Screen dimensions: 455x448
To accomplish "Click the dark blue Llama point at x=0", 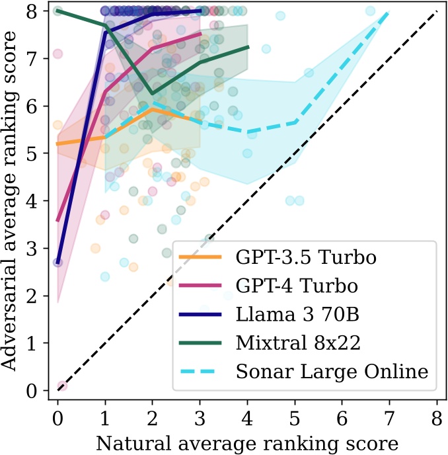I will [57, 262].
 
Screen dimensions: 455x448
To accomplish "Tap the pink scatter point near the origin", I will [61, 386].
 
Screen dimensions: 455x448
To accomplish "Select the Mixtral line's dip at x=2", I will [153, 94].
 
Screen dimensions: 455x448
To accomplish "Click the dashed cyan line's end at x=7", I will [389, 11].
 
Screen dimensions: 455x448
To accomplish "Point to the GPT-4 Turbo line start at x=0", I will [57, 220].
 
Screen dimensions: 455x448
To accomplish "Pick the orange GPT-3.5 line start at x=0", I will [57, 144].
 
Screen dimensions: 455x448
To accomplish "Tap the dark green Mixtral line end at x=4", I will [248, 47].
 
